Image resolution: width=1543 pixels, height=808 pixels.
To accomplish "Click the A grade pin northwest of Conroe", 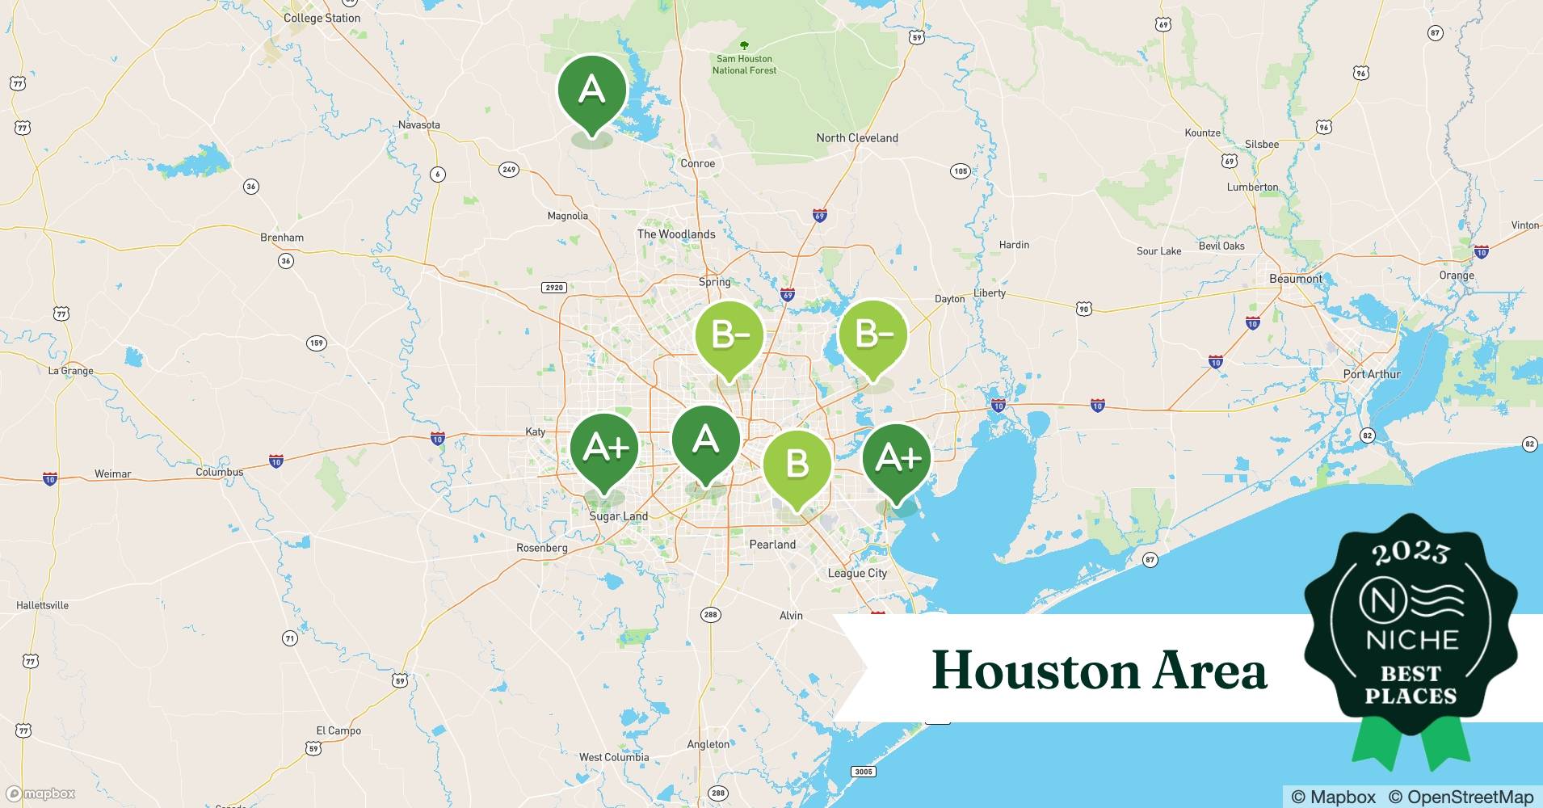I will click(x=592, y=90).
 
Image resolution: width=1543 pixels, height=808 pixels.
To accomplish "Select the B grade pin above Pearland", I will click(x=797, y=464).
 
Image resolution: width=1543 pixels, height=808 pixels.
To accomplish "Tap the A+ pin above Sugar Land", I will click(x=604, y=446).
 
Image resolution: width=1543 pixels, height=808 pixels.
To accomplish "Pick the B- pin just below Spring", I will click(x=729, y=335).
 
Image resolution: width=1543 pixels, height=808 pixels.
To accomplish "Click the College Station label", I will click(x=322, y=18).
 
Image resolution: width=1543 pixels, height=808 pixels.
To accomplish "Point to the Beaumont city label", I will click(x=1296, y=279).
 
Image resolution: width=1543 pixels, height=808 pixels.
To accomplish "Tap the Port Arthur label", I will click(x=1372, y=374).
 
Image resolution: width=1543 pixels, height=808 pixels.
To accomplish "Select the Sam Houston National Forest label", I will click(x=744, y=64).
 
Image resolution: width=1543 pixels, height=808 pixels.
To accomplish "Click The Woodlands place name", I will click(x=676, y=234).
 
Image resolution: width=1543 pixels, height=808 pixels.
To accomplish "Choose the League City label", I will click(x=857, y=573).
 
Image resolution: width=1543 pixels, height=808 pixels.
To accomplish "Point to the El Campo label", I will click(x=338, y=730).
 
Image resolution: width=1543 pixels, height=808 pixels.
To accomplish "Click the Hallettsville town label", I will click(x=42, y=605).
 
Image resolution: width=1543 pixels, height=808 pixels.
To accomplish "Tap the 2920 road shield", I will click(x=554, y=288).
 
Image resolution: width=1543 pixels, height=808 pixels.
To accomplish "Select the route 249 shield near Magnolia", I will click(x=508, y=170).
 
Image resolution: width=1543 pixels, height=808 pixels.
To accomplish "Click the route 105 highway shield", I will click(x=960, y=170).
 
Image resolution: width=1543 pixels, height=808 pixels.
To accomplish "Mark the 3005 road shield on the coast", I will click(x=864, y=772).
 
